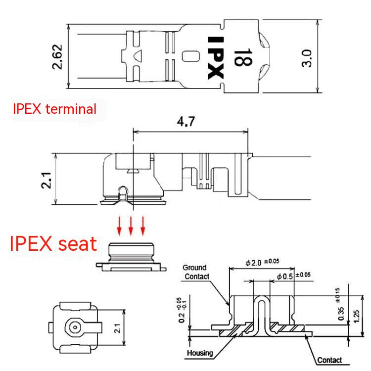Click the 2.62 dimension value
[57, 57]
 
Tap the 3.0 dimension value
[307, 58]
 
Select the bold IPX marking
[216, 58]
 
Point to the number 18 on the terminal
[243, 57]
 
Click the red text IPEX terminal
[54, 109]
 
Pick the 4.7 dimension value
[186, 121]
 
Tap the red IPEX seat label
[53, 243]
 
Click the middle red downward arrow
[131, 226]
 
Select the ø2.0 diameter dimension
[262, 262]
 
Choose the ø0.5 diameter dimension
[294, 276]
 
